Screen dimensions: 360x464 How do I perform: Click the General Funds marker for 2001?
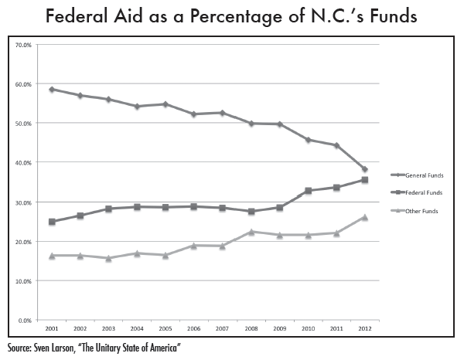(x=51, y=90)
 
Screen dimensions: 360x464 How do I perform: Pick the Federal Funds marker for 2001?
(x=51, y=222)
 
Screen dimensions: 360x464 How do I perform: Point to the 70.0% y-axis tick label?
(x=23, y=45)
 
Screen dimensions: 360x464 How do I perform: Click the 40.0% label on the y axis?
(x=23, y=163)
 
